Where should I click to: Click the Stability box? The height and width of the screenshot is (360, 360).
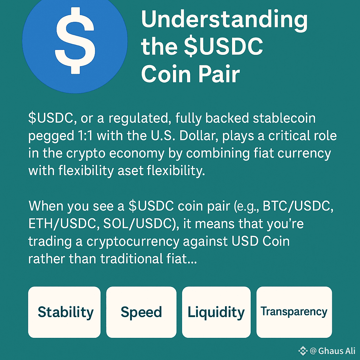(64, 312)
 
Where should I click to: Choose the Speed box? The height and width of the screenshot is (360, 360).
(141, 312)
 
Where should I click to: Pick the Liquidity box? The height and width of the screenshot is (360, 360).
(216, 312)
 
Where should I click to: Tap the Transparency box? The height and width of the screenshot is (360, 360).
(294, 311)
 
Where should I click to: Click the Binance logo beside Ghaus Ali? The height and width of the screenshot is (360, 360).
(303, 351)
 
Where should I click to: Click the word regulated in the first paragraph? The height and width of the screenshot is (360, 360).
(137, 118)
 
